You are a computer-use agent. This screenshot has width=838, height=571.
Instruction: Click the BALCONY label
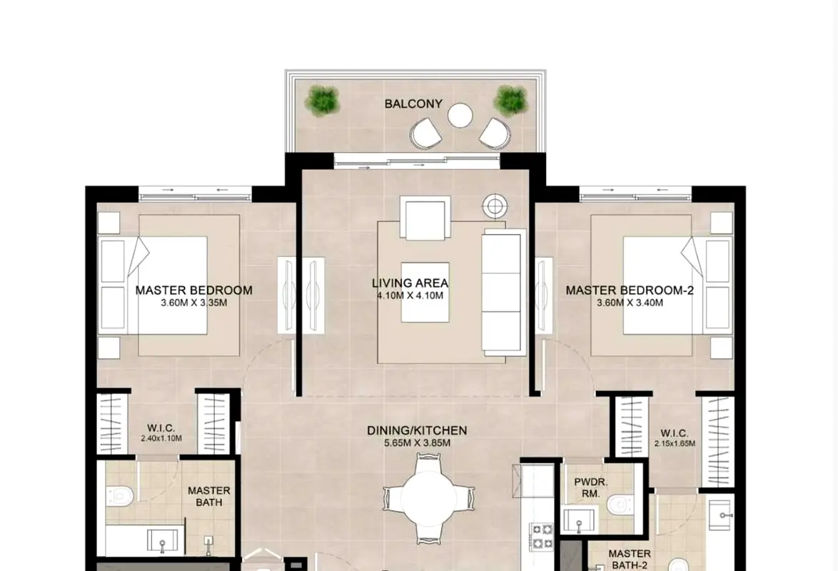tap(413, 103)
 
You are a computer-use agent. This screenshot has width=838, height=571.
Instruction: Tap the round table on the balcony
tap(460, 115)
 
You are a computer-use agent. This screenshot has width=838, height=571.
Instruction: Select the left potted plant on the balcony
tap(322, 100)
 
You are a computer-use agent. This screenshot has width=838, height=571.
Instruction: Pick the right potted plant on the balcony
tap(511, 99)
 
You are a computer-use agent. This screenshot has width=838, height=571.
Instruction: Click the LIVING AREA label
tap(410, 283)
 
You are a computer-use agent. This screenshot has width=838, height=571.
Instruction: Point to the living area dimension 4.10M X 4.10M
tap(410, 295)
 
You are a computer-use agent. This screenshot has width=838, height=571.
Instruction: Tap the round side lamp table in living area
tap(495, 206)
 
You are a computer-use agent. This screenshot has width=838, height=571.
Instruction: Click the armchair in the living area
tap(425, 218)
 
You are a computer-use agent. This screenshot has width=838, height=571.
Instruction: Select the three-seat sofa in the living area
tap(503, 292)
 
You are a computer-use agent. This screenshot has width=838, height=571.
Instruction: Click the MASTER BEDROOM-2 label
tap(630, 290)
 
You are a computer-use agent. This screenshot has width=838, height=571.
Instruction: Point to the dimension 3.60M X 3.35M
tap(194, 303)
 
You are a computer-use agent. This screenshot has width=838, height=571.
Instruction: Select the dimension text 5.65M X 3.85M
tap(417, 443)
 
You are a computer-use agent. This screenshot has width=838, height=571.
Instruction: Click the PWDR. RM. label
tap(590, 487)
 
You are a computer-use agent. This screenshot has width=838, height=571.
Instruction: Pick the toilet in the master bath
tap(118, 496)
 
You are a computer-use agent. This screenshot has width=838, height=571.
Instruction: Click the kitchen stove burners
tap(542, 537)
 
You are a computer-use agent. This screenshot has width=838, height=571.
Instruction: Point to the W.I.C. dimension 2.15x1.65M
tap(675, 443)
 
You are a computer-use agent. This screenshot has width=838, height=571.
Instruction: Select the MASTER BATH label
tap(209, 496)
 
